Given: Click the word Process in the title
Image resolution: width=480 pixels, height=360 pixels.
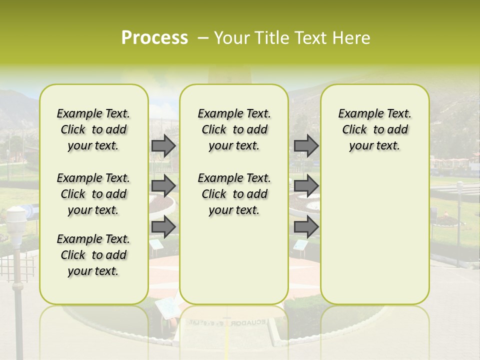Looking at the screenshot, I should click(x=154, y=38).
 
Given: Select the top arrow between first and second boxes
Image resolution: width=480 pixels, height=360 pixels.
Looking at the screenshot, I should click(x=163, y=145).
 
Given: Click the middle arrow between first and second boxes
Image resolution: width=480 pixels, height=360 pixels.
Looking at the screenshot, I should click(x=163, y=186).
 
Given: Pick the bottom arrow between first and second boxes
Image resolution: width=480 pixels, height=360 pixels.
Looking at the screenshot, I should click(x=163, y=227).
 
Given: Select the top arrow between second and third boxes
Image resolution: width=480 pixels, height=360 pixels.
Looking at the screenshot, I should click(x=306, y=145).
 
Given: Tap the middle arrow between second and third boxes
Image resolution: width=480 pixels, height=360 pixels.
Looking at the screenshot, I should click(x=306, y=186).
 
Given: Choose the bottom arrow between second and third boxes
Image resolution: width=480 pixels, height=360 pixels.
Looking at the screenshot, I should click(x=306, y=227).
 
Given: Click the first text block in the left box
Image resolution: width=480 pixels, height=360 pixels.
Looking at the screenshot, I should click(x=93, y=129).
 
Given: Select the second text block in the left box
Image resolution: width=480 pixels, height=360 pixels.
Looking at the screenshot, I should click(x=93, y=194).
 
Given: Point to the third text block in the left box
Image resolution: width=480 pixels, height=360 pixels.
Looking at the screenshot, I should click(x=93, y=255).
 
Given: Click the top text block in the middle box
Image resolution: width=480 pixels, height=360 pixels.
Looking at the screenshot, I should click(x=234, y=129).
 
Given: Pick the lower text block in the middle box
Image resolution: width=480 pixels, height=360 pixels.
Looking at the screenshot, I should click(x=234, y=194).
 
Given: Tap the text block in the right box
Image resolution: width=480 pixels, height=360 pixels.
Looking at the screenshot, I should click(x=374, y=129).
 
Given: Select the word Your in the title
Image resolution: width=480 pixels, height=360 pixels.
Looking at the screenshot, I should click(x=230, y=38).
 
